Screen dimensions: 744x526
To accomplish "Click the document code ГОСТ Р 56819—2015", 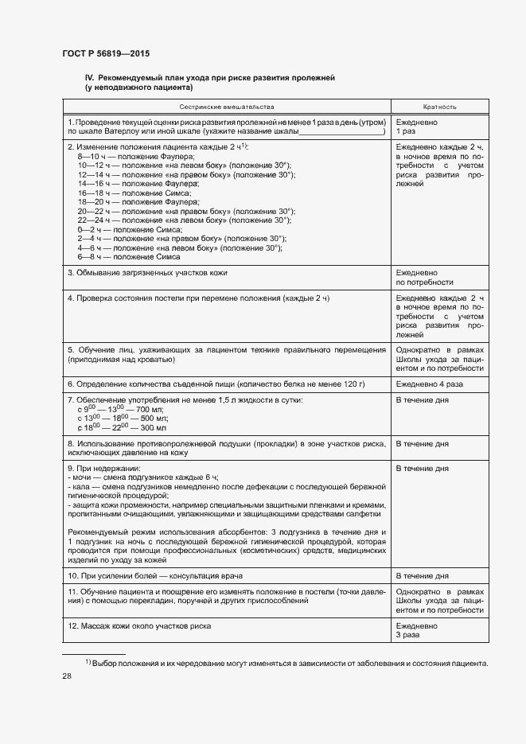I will [105, 53].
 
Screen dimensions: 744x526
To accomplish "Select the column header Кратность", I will [439, 106].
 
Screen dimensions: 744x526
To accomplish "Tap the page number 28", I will [67, 676].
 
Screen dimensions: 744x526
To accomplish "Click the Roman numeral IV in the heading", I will [89, 77].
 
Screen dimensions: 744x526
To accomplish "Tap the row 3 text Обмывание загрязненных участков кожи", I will [147, 273].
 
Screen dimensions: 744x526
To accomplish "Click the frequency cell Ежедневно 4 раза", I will [430, 384].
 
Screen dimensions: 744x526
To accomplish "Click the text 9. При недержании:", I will [103, 469].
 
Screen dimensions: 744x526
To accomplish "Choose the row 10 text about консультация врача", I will [155, 575].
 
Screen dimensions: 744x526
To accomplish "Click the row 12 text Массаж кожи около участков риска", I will [139, 626].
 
